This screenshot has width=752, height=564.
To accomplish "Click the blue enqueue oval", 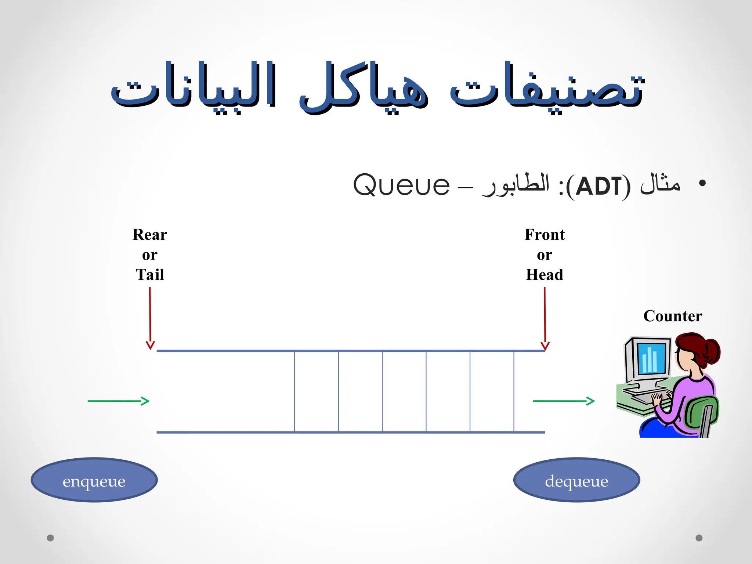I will [x=94, y=480].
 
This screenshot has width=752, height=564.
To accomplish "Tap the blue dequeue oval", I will [x=576, y=480].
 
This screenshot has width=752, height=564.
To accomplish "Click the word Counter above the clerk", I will [x=673, y=316].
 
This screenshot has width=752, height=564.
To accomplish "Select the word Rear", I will [x=150, y=235].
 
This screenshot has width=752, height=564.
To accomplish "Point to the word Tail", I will [x=150, y=275].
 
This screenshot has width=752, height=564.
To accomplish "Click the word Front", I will [x=545, y=235].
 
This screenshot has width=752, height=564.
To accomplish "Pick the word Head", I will [x=545, y=275].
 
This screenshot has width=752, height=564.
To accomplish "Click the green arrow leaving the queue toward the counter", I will [x=564, y=401].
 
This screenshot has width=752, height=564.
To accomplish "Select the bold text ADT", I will [x=598, y=186].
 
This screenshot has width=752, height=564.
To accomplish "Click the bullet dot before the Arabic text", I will [x=702, y=183].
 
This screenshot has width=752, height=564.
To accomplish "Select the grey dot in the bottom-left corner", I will [x=50, y=538].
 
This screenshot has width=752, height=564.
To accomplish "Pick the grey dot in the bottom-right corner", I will [x=699, y=538].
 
